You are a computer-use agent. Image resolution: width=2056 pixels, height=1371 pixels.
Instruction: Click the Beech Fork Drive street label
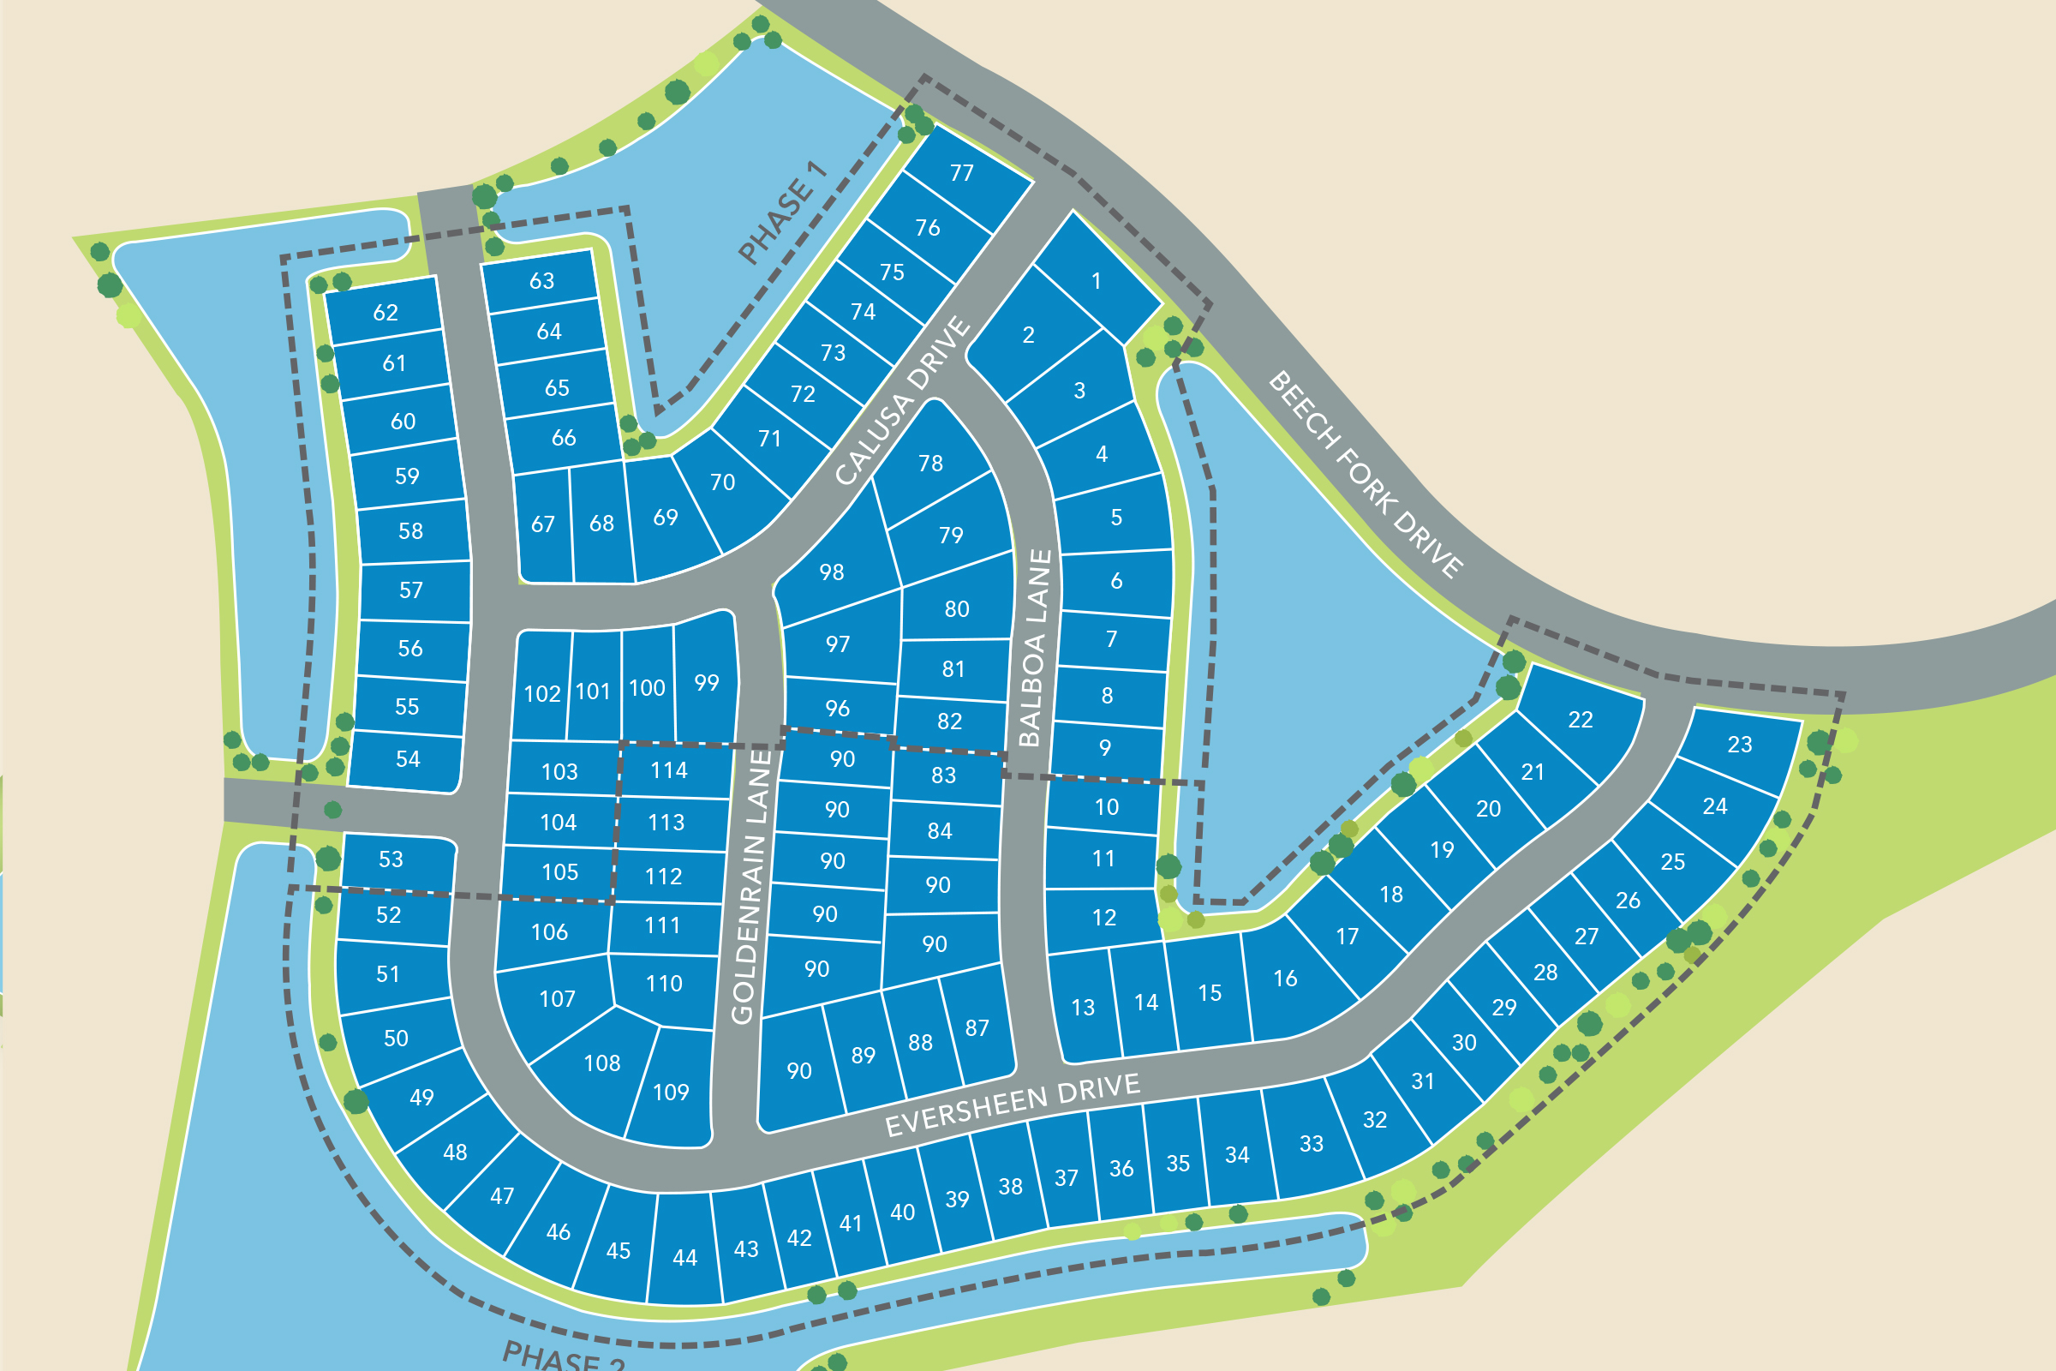[1366, 475]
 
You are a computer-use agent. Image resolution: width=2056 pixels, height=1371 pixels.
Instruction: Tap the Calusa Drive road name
[902, 400]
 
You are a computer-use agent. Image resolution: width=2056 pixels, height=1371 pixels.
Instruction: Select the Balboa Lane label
[1035, 648]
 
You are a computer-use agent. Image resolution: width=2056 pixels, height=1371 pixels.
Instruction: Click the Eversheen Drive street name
[1013, 1105]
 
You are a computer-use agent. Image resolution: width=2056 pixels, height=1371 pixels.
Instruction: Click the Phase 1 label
[781, 212]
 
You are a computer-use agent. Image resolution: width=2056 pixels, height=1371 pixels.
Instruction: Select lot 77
[961, 173]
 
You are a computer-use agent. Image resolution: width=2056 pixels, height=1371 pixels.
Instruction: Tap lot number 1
[1097, 281]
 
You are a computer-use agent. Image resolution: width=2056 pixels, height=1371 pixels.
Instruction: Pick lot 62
[385, 312]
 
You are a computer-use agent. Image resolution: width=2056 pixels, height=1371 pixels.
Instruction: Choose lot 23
[1740, 744]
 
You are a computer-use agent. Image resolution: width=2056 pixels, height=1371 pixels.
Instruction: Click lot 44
[685, 1257]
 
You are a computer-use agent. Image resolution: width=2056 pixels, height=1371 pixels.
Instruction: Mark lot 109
[671, 1092]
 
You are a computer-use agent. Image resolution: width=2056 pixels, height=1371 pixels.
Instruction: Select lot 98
[831, 572]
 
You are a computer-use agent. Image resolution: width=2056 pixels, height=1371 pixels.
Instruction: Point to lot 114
[669, 770]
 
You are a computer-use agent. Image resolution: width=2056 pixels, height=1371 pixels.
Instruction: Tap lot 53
[391, 859]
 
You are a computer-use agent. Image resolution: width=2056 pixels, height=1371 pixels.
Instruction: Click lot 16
[1285, 979]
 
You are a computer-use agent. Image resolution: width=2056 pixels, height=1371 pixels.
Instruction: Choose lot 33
[1312, 1144]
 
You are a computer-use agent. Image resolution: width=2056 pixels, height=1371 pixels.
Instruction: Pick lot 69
[666, 518]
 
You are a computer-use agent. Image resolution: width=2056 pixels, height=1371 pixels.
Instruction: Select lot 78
[931, 464]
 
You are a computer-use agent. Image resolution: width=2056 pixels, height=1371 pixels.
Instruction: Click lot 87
[977, 1028]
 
